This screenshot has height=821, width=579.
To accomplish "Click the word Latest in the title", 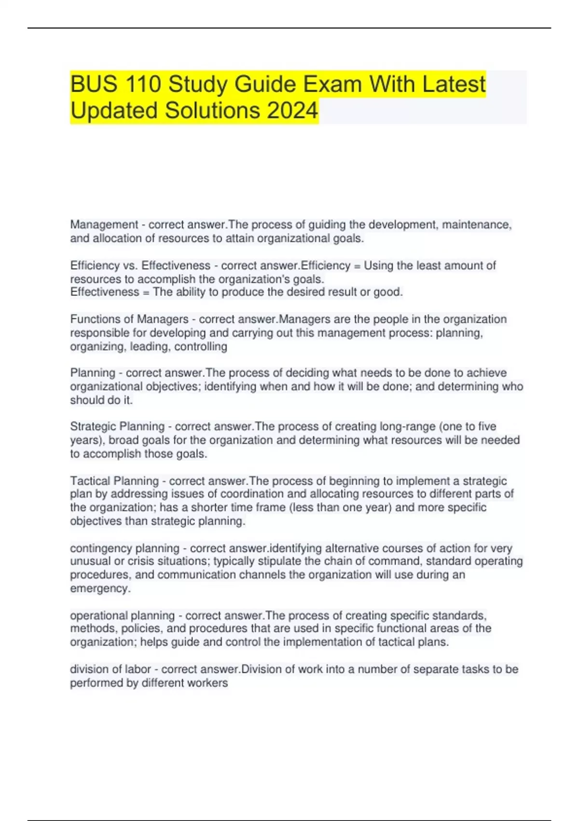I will point(454,85).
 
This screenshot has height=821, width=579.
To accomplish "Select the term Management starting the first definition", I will point(104,225).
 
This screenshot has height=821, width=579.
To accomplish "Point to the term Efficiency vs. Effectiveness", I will point(140,266).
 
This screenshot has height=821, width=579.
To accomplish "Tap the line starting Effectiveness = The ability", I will point(236,292).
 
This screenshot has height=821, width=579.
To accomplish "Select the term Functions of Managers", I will point(129,319).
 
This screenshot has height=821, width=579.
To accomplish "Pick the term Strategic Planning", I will point(117,426).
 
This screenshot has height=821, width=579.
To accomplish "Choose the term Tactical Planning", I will point(114,481).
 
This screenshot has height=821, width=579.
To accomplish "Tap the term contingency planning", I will point(124,548).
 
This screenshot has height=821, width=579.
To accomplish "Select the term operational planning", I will point(123,616).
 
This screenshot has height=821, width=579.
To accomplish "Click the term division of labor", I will point(110,669).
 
